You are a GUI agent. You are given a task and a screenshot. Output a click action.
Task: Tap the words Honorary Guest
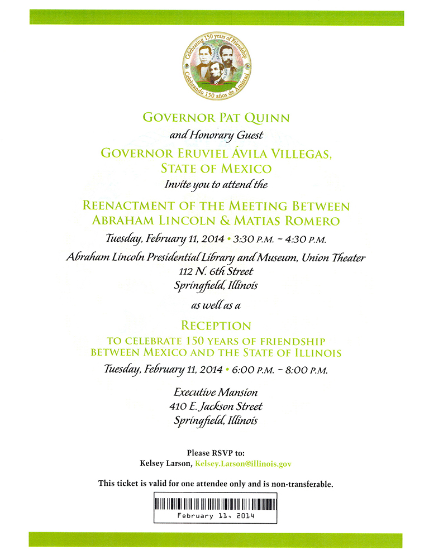tap(235, 135)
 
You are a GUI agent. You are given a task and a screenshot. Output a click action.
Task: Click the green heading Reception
tap(216, 326)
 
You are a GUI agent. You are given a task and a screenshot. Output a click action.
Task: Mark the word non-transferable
tap(302, 484)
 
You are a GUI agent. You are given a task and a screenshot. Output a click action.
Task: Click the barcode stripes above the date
tap(216, 503)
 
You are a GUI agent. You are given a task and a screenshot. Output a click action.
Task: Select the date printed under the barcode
tap(216, 516)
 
